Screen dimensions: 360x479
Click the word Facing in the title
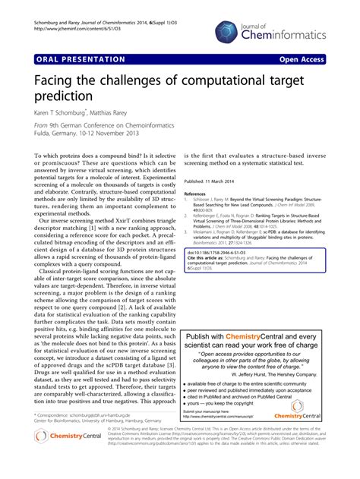click(x=57, y=79)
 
